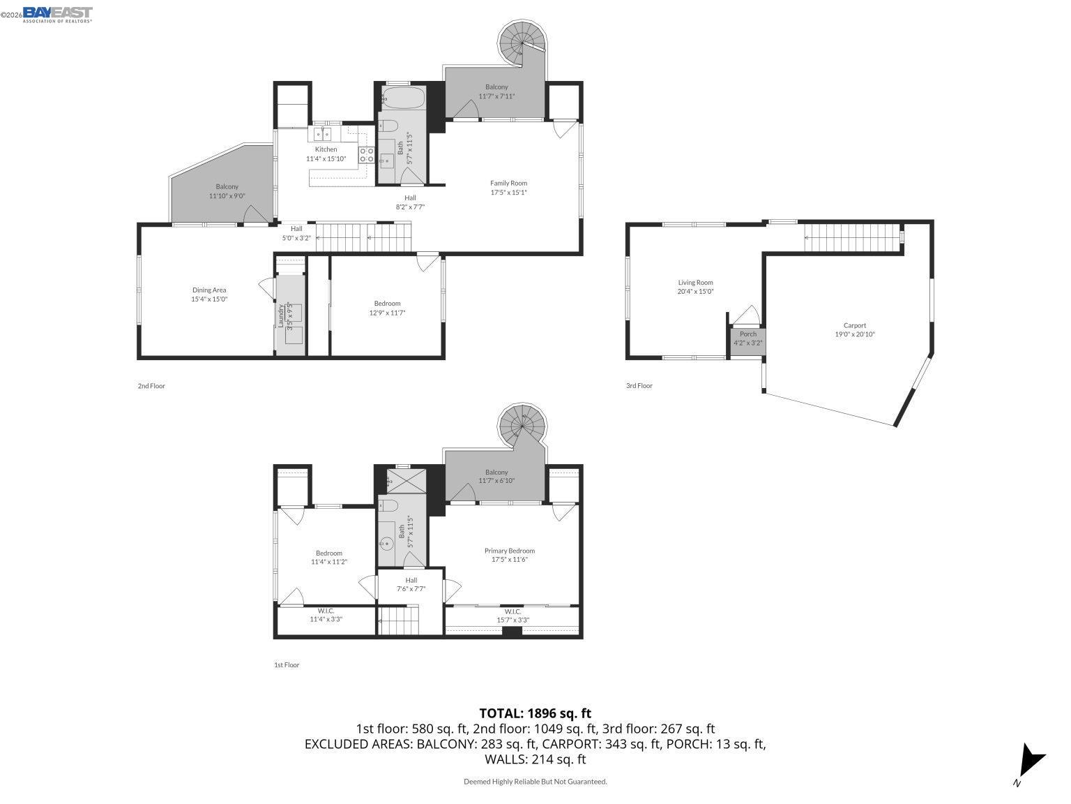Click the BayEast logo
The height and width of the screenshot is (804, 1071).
pos(57,14)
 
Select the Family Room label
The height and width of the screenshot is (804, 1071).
pos(508,183)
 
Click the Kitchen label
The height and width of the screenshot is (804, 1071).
pos(326,149)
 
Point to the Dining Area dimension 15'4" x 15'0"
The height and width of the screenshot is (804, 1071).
pos(209,299)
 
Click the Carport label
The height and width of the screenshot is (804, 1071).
pos(855,325)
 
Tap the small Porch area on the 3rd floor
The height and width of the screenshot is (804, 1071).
pos(747,338)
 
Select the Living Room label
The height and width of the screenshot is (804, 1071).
pos(695,283)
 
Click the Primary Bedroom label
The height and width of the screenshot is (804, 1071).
pos(509,551)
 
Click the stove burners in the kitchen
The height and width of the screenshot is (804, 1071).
pos(367,155)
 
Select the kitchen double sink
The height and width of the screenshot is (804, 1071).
pos(323,133)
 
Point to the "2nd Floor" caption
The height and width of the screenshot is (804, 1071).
pos(151,386)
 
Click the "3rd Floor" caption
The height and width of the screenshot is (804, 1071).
pos(639,386)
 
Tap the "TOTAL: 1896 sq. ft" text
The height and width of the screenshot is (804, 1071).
pos(535,713)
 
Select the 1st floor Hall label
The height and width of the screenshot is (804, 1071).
pos(411,580)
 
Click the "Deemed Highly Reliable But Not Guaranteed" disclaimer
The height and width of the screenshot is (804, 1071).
pos(535,782)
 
